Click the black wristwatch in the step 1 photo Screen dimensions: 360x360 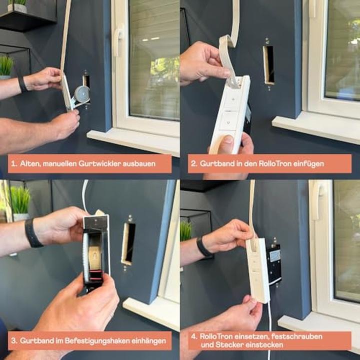click(x=22, y=83)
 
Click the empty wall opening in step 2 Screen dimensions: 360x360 click(x=268, y=64)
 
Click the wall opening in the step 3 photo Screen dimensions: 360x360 click(x=128, y=243)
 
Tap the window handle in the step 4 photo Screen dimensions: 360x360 click(x=315, y=200)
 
